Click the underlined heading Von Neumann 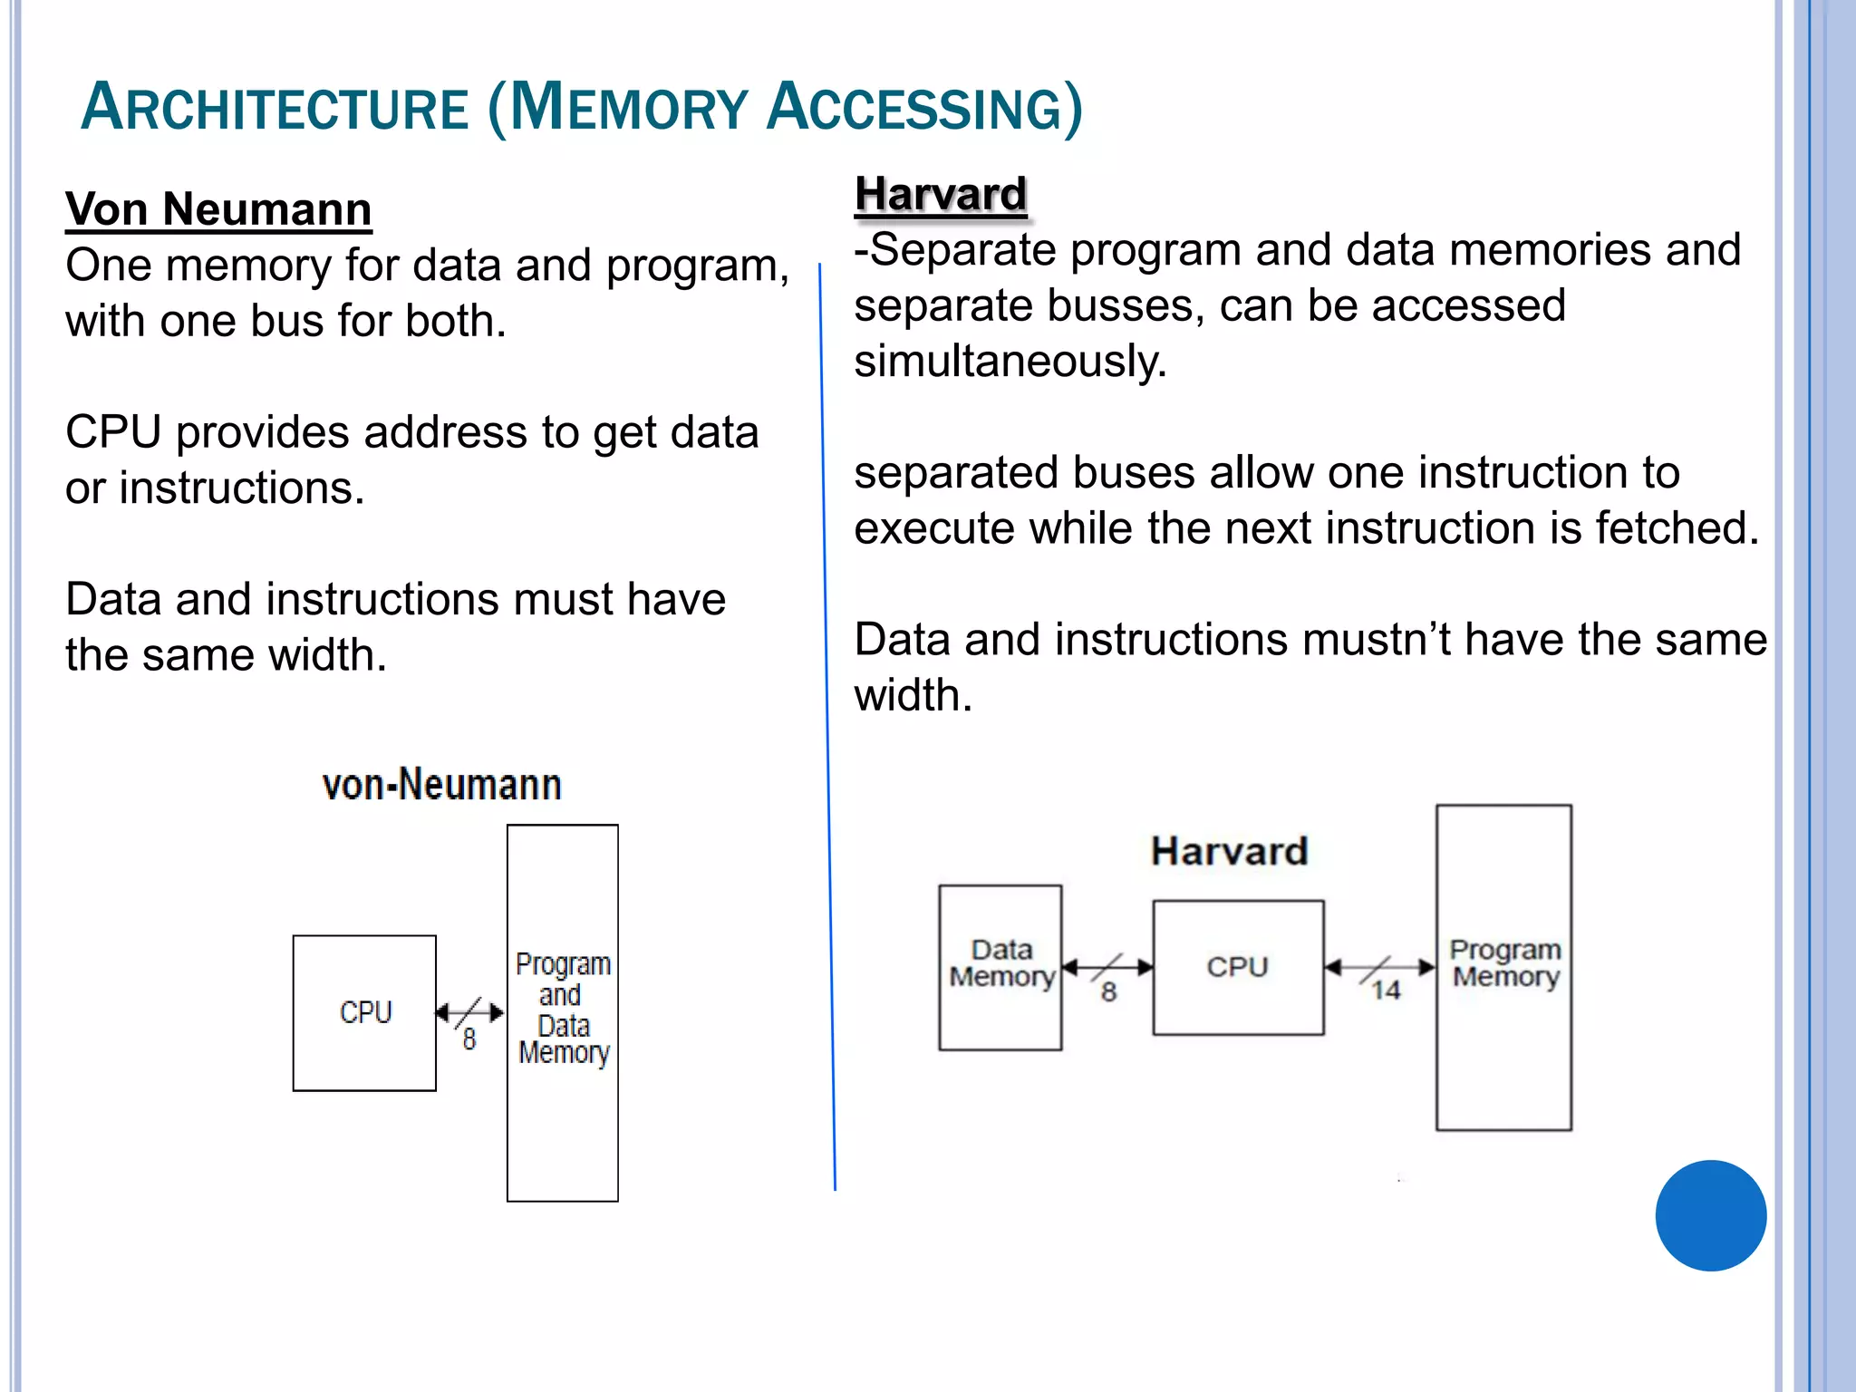(x=218, y=209)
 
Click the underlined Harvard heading (x=941, y=194)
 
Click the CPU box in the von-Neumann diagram (x=364, y=1012)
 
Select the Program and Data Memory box (x=563, y=1011)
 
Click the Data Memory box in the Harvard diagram (x=1000, y=966)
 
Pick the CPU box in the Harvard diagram (x=1238, y=967)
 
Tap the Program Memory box (x=1504, y=966)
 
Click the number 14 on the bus (x=1385, y=991)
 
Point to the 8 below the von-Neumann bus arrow (x=469, y=1039)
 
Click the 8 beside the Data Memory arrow (x=1108, y=992)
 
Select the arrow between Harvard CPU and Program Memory (x=1379, y=967)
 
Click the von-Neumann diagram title (x=441, y=785)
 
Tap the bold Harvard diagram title (x=1229, y=851)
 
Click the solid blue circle (x=1710, y=1215)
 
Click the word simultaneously (x=1010, y=362)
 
